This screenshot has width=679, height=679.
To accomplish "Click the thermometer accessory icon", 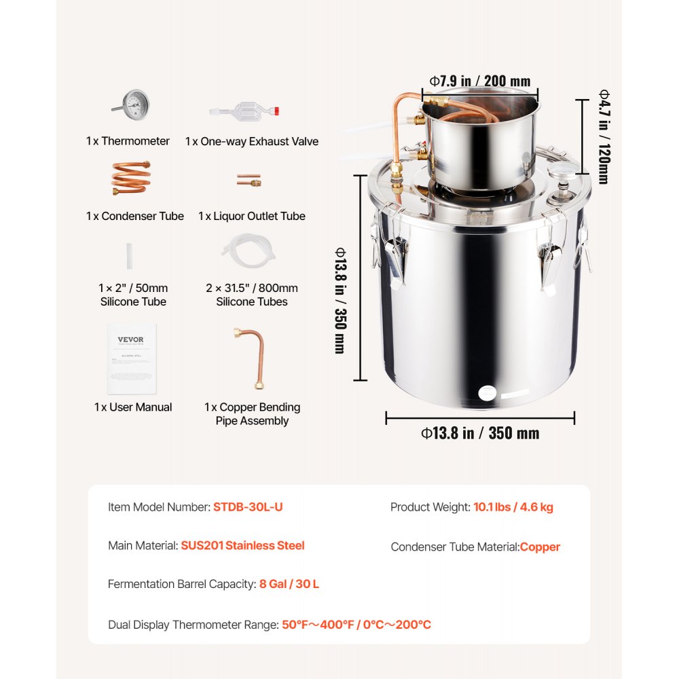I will pos(132,104).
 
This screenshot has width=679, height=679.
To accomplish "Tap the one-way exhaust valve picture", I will pos(247,111).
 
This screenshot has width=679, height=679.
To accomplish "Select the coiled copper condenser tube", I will pos(131,178).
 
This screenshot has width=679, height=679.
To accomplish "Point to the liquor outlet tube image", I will pos(249,181).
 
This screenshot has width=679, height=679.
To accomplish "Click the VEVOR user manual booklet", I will pos(132,358).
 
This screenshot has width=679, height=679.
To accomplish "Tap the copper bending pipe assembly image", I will pos(249,359).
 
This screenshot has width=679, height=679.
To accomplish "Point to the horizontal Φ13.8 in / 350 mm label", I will pos(480,433).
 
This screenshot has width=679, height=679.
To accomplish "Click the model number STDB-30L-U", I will pos(248,507).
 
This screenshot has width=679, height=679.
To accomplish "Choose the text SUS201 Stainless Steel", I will pos(242,545).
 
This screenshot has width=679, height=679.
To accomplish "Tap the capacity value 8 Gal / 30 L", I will pos(289,584).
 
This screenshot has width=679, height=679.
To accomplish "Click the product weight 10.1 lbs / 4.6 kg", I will pos(513,507).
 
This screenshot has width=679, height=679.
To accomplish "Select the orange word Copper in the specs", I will pos(540,547).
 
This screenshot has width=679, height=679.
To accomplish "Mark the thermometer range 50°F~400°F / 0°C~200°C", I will pos(356,625).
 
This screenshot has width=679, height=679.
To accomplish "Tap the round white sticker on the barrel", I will pos(488,392).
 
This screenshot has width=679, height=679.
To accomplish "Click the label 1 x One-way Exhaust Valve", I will pos(252,141).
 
